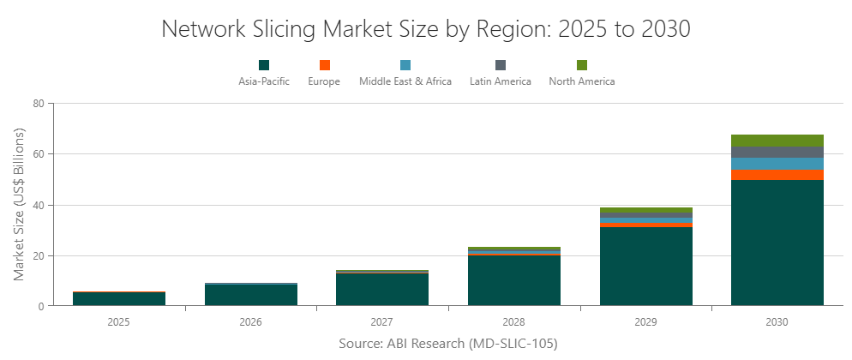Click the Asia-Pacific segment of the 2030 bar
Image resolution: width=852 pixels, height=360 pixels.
tap(777, 243)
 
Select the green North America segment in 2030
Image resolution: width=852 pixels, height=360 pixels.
tap(777, 141)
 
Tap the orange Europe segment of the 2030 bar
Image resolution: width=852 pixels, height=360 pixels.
tap(777, 174)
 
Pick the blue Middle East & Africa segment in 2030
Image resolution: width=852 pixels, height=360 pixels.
tap(777, 163)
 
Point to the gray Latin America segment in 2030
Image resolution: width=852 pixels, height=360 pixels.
tap(777, 152)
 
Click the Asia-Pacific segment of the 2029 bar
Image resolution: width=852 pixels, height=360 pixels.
tap(645, 266)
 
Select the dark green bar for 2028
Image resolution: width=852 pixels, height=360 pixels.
tap(514, 280)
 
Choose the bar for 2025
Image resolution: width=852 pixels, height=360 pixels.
tap(119, 299)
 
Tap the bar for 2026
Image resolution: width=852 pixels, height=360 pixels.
tap(251, 295)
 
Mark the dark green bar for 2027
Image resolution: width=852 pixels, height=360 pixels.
tap(382, 290)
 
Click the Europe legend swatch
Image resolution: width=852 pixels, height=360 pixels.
tap(324, 65)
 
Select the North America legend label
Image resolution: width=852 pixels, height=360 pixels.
tap(581, 81)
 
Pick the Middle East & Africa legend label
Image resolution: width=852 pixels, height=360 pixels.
tap(405, 81)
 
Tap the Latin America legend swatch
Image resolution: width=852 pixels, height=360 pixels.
tap(501, 65)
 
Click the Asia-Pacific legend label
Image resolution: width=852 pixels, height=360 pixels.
tap(264, 81)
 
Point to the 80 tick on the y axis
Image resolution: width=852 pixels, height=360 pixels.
tap(38, 104)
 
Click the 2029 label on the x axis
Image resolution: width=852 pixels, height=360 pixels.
tap(645, 322)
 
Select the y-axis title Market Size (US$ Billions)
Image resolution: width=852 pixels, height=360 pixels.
tap(20, 204)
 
